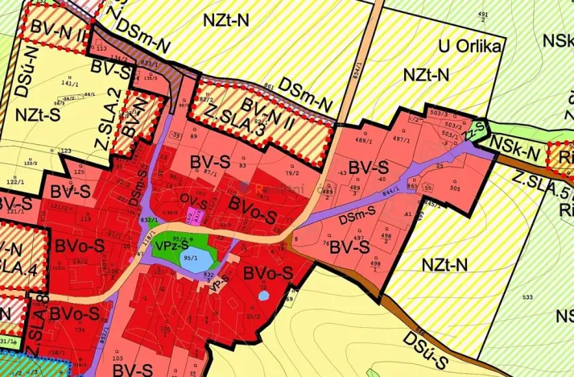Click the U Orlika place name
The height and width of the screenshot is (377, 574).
pyautogui.click(x=470, y=46)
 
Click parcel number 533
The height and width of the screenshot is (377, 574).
pyautogui.click(x=527, y=299)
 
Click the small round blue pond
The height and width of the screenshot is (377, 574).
pyautogui.click(x=264, y=296)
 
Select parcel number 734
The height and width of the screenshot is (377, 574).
pyautogui.click(x=79, y=331)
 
